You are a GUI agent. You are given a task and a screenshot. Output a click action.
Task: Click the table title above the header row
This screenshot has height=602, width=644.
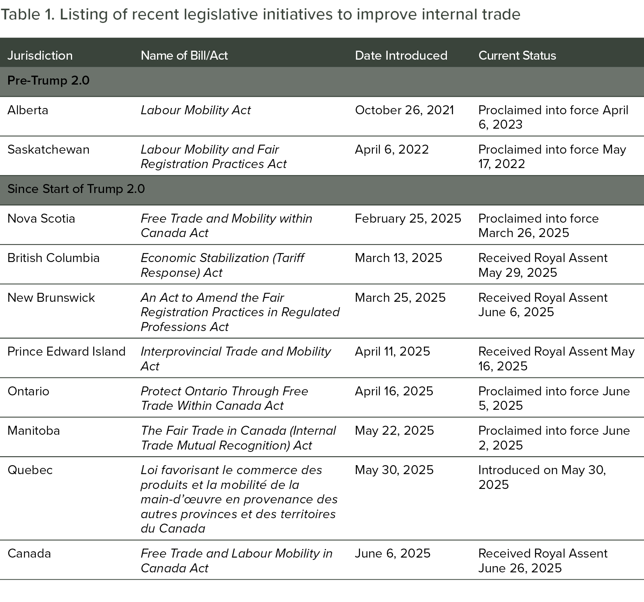point(260,14)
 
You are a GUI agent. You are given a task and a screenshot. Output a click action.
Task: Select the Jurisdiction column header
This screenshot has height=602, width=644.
point(40,55)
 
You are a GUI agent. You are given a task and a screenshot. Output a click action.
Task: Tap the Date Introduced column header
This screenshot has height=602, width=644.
point(401,55)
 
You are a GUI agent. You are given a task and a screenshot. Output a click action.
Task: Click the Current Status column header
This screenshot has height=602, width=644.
point(517,55)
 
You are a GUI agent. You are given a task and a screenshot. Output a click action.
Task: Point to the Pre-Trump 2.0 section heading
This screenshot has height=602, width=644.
point(48,80)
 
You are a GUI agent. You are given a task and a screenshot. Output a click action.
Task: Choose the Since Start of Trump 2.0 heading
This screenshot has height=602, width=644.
point(76,189)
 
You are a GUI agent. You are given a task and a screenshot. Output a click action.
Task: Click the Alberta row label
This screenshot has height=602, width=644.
point(28,110)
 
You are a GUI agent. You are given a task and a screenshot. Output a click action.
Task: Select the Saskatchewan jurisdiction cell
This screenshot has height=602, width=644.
point(48,149)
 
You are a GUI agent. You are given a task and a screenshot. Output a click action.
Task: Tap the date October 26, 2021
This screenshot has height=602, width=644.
point(404,110)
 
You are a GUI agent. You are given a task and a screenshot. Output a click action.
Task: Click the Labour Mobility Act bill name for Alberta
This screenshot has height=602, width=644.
point(196,110)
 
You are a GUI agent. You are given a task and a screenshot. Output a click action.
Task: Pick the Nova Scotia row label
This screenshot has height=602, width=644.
point(41,218)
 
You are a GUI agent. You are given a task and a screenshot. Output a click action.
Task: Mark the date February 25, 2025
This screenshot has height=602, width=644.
point(408,218)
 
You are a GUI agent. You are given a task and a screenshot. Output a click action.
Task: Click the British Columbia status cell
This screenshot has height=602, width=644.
point(543,265)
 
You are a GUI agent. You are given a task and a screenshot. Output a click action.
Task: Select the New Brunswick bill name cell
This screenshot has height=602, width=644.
point(240,312)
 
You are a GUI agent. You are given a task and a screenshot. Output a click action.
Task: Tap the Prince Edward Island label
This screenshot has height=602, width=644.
point(66,351)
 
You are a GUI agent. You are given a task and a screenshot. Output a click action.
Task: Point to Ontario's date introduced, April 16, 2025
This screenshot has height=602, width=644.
point(394,391)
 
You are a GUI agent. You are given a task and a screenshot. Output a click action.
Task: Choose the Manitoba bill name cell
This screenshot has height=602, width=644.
point(238,438)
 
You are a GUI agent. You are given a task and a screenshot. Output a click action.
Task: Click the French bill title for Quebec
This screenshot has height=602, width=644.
point(239,499)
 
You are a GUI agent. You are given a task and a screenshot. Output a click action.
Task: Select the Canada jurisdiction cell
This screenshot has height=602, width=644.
point(29,553)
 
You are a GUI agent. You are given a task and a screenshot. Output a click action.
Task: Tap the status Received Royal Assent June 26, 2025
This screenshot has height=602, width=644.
point(543,561)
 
